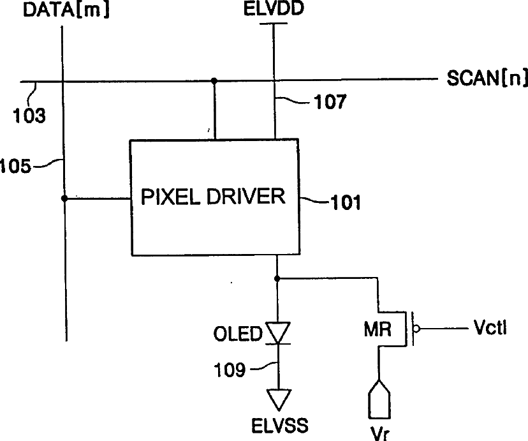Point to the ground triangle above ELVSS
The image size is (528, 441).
tap(277, 399)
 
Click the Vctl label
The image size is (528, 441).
tap(490, 329)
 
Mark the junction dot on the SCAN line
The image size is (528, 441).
tap(215, 81)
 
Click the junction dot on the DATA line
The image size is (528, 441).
tap(64, 199)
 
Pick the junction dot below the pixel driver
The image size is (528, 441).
tap(277, 278)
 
